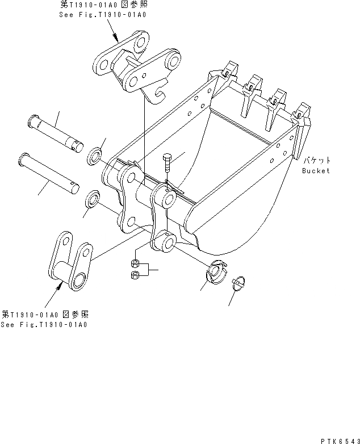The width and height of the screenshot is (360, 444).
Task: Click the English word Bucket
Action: click(x=316, y=170)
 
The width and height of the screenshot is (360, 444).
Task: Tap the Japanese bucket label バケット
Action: click(x=316, y=161)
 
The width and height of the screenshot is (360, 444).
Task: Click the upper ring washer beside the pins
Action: click(x=95, y=154)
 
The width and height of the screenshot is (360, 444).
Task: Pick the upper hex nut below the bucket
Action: click(x=135, y=263)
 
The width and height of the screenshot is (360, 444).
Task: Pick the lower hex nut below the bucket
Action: click(x=135, y=275)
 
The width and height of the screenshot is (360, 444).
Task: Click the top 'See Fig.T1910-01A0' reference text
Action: click(x=102, y=14)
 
